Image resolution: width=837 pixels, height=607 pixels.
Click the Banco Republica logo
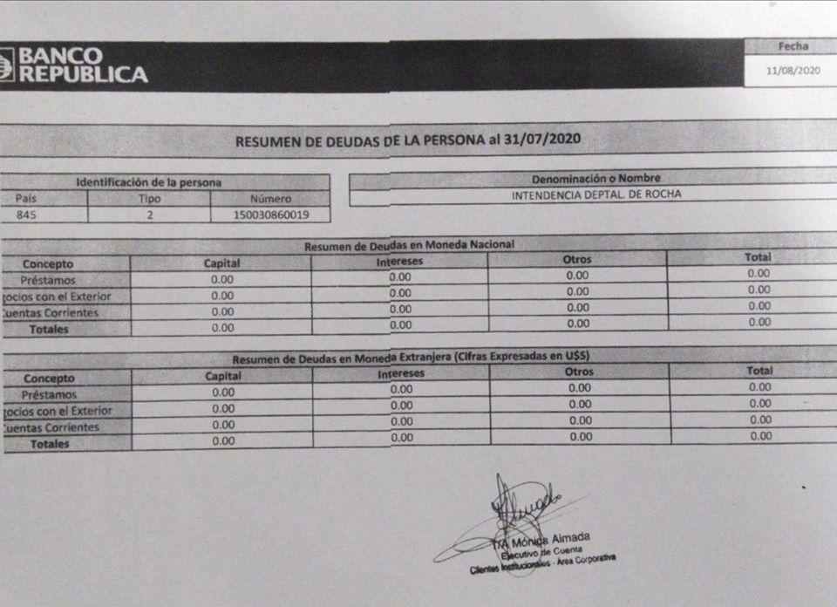tap(73, 65)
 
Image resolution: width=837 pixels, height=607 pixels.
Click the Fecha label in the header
tap(793, 46)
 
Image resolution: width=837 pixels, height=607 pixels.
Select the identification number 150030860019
tap(269, 215)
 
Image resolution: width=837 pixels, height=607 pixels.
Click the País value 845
tap(26, 214)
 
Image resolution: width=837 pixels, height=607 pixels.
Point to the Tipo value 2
tap(149, 215)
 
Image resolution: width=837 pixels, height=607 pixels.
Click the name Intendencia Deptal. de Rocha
tap(596, 194)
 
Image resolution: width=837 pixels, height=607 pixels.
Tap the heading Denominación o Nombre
tap(596, 179)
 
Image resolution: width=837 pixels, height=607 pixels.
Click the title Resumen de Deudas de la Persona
tap(409, 140)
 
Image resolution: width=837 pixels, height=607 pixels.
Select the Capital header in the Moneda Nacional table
tap(221, 263)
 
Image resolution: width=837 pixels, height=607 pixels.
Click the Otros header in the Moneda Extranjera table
tap(579, 372)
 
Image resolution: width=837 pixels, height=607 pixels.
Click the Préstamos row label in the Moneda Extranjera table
tap(49, 395)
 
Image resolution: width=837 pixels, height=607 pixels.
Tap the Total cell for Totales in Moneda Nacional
tap(759, 322)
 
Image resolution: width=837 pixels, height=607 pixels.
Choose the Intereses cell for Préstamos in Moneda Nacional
tap(400, 277)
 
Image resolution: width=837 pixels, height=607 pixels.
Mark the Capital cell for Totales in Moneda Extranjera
tap(223, 441)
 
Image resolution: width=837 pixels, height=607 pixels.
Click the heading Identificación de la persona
tap(149, 183)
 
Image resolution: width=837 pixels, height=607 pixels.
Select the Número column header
tap(269, 199)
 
